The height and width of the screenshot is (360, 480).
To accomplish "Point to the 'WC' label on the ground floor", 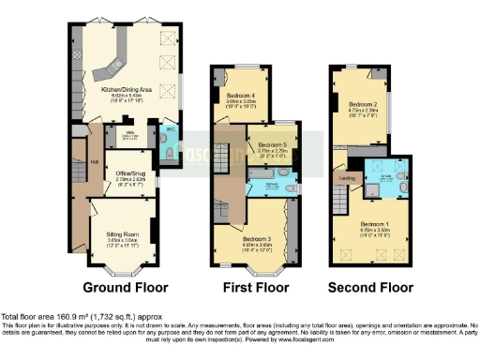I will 170,130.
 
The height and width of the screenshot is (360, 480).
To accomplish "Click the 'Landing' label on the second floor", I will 344,176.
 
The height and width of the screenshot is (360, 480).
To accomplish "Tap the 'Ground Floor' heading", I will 121,287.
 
